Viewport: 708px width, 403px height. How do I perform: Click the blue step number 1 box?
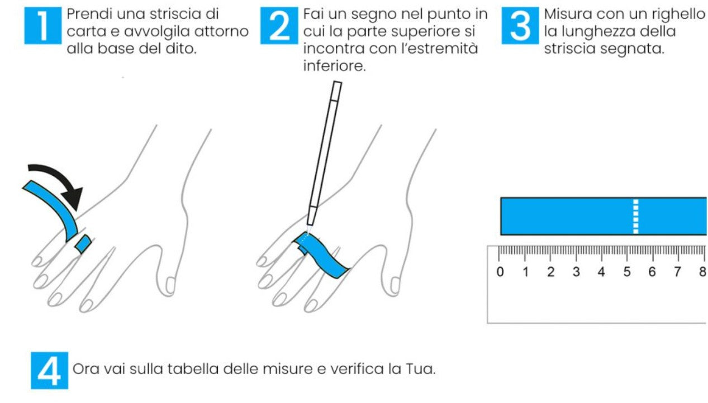[x=43, y=26]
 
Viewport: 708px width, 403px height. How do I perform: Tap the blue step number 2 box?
[x=279, y=26]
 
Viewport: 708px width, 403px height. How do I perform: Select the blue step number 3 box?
[x=520, y=26]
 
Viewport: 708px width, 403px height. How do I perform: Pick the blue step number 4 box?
[x=49, y=371]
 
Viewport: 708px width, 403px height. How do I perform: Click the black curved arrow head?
[x=73, y=198]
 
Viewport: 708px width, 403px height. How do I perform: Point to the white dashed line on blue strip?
[x=635, y=217]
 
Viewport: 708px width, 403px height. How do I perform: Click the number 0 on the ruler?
[x=500, y=272]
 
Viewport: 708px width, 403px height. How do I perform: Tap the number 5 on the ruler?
[x=627, y=272]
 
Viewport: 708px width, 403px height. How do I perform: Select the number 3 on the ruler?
[x=576, y=272]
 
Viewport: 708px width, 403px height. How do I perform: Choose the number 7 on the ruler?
[x=677, y=272]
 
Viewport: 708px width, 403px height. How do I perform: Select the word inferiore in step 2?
[x=334, y=66]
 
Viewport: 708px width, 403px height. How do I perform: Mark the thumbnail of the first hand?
[x=170, y=285]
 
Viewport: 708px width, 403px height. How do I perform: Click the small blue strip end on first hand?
[x=83, y=244]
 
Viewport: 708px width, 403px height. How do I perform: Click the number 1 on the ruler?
[x=526, y=272]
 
